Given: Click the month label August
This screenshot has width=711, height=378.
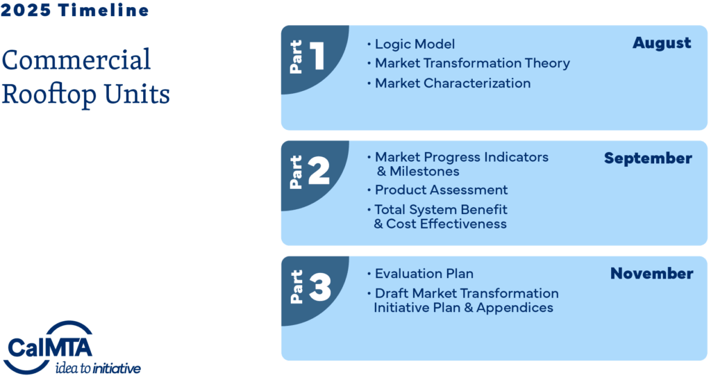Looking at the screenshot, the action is point(662,43).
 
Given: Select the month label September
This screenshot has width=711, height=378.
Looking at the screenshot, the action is point(648,158).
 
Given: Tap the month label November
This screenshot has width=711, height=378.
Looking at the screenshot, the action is point(651,273).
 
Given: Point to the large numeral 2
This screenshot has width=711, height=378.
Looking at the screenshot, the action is point(319,171).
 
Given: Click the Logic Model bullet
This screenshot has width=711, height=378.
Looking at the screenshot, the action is point(415,44).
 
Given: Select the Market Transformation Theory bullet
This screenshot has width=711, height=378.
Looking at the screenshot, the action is point(472,63).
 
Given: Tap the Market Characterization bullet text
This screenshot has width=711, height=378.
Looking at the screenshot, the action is point(453,83).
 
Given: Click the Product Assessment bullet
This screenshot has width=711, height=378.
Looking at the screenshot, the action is point(441,190).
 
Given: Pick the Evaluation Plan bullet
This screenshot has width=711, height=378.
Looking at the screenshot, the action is point(424,274).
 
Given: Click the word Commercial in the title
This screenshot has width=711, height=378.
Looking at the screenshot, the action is point(76,60).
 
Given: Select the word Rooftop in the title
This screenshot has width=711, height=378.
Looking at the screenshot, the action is point(49,94).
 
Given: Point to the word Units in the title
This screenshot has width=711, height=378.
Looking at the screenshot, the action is point(137,94).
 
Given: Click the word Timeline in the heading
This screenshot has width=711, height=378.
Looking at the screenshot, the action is point(103,10).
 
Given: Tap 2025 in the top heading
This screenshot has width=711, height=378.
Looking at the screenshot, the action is point(26,10).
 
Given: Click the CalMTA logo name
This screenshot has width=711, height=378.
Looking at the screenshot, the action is point(50,348).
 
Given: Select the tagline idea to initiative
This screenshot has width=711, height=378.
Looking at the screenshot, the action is point(98,368).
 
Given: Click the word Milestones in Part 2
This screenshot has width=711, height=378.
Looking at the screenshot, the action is point(424,172).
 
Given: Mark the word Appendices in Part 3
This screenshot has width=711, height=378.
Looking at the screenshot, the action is point(515,308).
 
